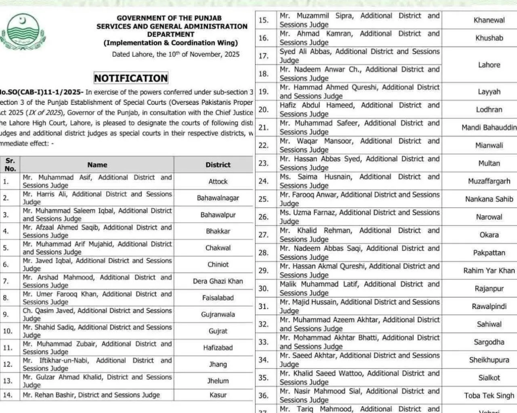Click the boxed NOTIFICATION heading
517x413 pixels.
tap(131, 78)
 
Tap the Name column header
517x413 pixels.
tap(97, 164)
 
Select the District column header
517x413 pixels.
tap(218, 164)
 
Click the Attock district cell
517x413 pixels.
tap(218, 181)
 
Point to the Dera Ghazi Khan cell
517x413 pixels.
tap(218, 281)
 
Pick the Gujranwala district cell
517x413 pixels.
tap(218, 314)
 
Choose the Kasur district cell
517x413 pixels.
tap(218, 395)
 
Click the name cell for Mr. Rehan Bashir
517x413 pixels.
tap(91, 395)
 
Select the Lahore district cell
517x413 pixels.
tap(489, 65)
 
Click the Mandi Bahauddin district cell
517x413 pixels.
tap(489, 127)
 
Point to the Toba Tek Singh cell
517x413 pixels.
tap(489, 395)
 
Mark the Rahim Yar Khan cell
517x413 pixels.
tap(489, 270)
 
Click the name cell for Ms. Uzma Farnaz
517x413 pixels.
tap(359, 217)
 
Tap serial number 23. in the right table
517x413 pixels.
tap(263, 163)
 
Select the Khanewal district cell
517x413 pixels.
tap(489, 20)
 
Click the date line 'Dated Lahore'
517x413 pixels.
tap(176, 54)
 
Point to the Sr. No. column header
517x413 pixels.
tap(10, 164)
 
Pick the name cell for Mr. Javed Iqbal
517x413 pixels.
tap(97, 264)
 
